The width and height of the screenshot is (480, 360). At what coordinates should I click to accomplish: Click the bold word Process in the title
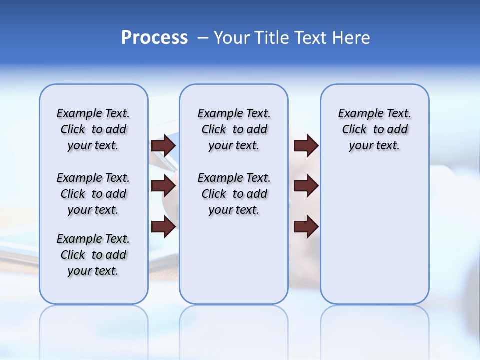[x=154, y=38]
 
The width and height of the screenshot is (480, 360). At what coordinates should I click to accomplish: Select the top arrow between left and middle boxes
[x=163, y=145]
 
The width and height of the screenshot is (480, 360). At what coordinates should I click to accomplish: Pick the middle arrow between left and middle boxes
[x=163, y=186]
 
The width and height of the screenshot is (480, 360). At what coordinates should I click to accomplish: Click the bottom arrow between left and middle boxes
[x=163, y=227]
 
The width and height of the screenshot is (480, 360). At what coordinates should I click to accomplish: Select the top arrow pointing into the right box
[x=306, y=145]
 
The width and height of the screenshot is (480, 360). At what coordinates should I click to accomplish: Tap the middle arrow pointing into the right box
[x=306, y=186]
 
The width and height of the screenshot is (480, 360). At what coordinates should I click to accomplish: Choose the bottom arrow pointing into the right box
[x=306, y=227]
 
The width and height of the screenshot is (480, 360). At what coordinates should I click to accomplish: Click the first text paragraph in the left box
[x=93, y=129]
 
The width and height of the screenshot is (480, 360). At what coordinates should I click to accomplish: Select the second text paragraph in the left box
[x=93, y=194]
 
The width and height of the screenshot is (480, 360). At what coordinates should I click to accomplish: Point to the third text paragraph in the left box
[x=93, y=255]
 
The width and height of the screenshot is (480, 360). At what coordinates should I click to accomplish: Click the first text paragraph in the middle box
[x=234, y=129]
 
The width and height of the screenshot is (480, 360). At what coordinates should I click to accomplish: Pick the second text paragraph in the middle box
[x=234, y=194]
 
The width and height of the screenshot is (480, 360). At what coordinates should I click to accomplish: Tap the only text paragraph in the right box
[x=374, y=129]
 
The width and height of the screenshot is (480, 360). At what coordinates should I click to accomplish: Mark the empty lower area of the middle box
[x=234, y=260]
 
